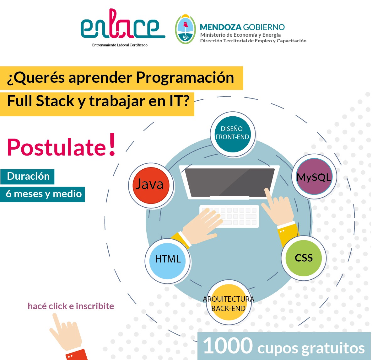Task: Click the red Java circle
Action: (151, 185)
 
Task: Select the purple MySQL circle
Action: (314, 176)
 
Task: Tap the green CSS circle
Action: (304, 258)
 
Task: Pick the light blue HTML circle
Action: (168, 261)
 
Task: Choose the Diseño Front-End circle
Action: (233, 134)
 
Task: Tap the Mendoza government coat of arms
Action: (185, 29)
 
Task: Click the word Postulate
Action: (57, 147)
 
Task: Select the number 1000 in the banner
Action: (228, 346)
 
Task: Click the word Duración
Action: (28, 176)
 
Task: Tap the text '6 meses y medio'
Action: (44, 194)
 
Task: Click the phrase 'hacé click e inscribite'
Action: (71, 306)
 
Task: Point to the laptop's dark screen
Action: (229, 182)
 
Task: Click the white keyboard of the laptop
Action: (229, 216)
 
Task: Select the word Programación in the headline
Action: (185, 77)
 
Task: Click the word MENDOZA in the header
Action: (221, 27)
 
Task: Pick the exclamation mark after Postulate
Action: (112, 144)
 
